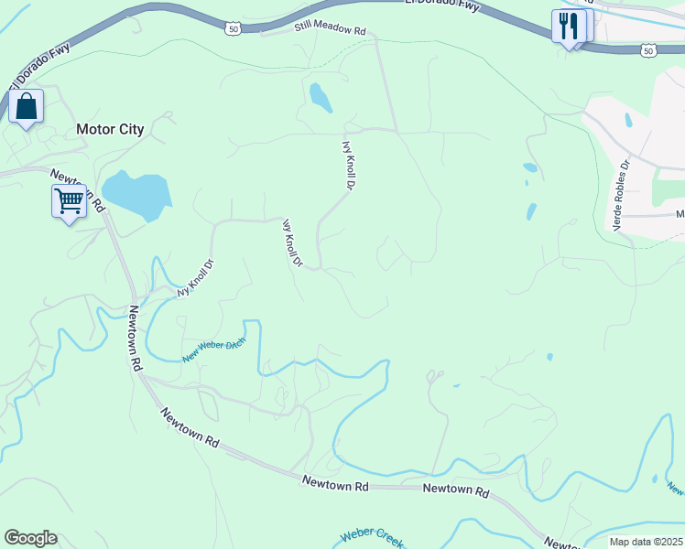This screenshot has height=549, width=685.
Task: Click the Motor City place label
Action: tap(110, 129)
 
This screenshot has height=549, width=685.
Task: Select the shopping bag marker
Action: tap(27, 106)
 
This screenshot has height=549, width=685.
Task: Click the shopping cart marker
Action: tap(69, 200)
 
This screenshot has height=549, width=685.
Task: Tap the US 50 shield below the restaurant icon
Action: tap(648, 49)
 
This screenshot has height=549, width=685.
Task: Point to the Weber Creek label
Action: tap(371, 537)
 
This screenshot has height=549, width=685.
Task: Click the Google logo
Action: tap(30, 538)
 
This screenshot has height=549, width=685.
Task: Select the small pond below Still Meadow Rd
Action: tap(320, 97)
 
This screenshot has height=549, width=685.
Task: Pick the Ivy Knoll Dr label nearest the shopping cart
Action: tap(194, 279)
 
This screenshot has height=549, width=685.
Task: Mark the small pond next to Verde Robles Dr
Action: tap(628, 120)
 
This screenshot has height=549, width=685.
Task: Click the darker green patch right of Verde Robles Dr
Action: tap(668, 188)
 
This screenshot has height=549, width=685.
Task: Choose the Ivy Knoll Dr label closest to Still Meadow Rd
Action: tap(348, 165)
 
